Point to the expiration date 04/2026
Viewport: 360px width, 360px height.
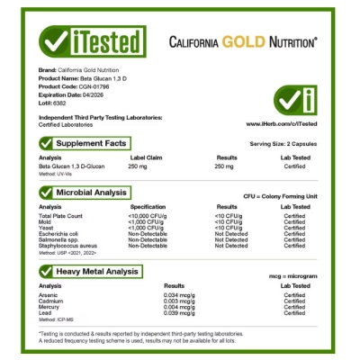[x=98, y=93]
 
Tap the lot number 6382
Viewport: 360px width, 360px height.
[x=64, y=99]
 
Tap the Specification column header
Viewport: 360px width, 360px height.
[x=148, y=207]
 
